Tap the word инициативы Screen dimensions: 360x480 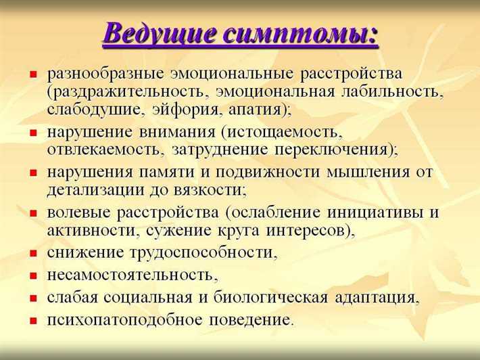(x=370, y=213)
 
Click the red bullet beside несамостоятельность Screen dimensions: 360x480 (x=32, y=276)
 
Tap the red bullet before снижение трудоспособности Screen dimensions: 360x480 (x=32, y=254)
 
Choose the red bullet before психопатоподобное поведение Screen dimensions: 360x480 (x=32, y=319)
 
